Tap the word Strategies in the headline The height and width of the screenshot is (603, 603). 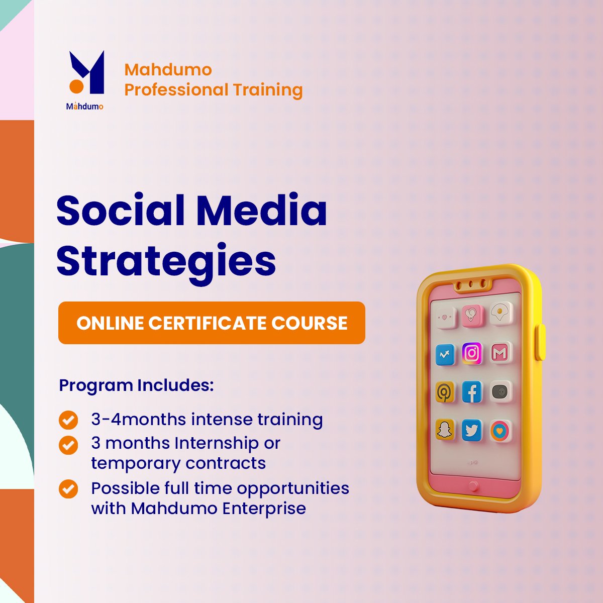(x=166, y=262)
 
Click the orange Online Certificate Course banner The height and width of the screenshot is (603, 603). (x=212, y=323)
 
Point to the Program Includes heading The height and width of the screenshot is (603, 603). (x=137, y=386)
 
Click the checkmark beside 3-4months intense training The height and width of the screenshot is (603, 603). (x=68, y=420)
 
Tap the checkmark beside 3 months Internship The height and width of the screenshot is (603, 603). (x=68, y=445)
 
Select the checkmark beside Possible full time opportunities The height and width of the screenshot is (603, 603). (x=68, y=489)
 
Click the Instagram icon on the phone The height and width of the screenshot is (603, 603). (x=472, y=354)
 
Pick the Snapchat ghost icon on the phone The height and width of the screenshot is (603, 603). (x=444, y=430)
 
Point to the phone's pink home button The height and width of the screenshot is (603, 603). (x=473, y=486)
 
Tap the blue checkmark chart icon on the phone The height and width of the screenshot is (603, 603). (x=445, y=355)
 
